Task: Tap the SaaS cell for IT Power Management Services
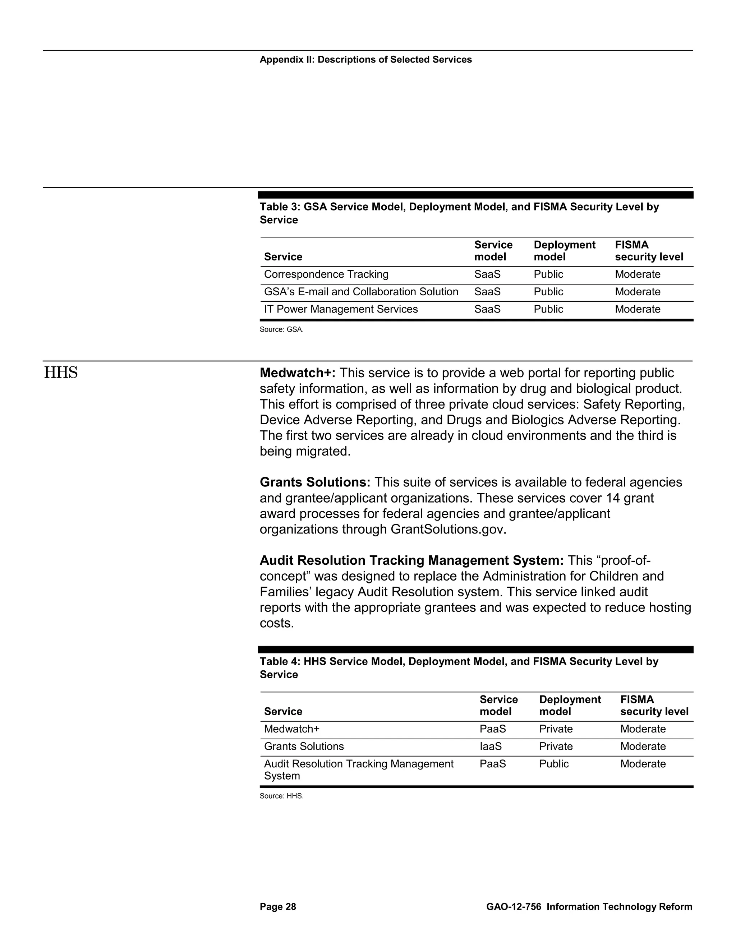487,309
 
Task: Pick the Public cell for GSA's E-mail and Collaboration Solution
548,292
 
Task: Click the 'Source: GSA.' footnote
281,329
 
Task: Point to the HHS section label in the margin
61,373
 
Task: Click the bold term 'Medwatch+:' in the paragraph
297,373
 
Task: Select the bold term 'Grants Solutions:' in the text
315,482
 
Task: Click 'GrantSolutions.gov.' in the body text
448,529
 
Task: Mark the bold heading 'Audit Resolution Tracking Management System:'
411,560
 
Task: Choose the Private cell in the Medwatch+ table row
556,729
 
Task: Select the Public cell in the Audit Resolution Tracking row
554,764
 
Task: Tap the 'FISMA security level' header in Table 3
648,251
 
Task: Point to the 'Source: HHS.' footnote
281,796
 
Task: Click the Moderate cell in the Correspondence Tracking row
638,274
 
